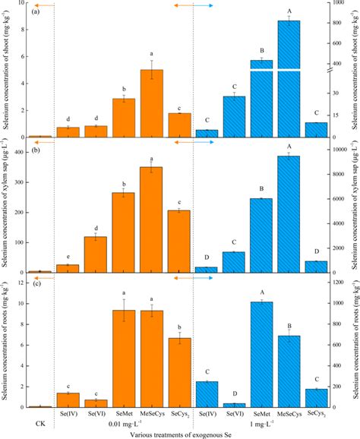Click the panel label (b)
[35, 153]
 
